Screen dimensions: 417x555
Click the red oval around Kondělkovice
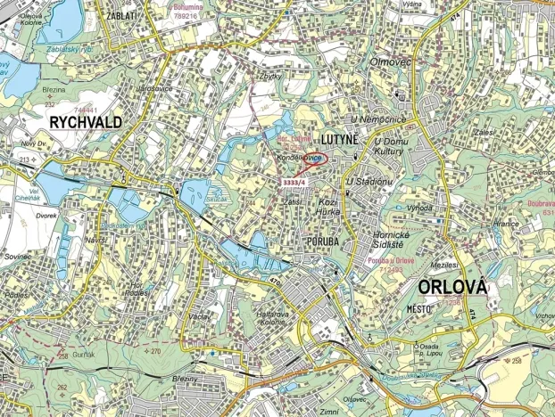[x=303, y=158]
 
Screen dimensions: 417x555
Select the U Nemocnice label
[x=378, y=119]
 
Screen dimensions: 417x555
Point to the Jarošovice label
[x=154, y=88]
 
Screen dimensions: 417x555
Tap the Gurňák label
[x=85, y=354]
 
